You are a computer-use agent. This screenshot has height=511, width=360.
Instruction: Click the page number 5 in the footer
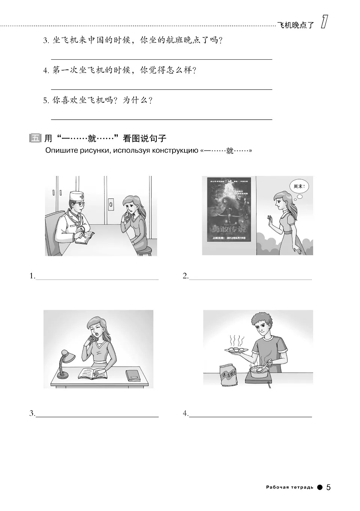[x=328, y=487]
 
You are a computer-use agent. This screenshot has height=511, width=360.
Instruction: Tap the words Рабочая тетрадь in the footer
[x=289, y=488]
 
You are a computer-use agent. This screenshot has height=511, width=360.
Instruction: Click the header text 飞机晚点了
[x=295, y=26]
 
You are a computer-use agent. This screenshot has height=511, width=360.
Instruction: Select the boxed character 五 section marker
[x=34, y=138]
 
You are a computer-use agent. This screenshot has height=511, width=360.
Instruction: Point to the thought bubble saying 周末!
[x=298, y=186]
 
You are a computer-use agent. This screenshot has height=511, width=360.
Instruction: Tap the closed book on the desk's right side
[x=132, y=375]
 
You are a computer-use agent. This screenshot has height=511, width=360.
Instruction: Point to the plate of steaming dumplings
[x=236, y=350]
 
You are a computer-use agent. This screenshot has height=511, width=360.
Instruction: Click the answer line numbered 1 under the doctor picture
[x=97, y=279]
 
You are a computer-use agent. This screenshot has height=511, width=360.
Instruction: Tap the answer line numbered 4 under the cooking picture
[x=250, y=416]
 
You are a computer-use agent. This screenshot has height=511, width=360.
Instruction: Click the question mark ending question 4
[x=194, y=71]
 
